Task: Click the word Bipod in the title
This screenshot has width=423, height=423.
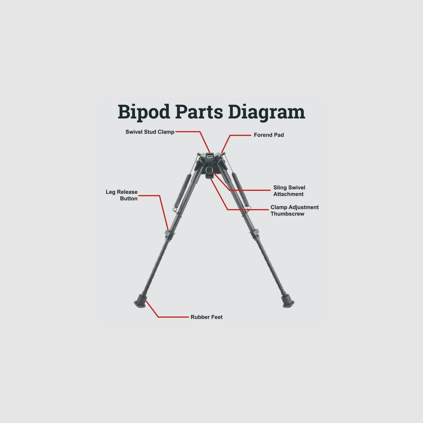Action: [144, 112]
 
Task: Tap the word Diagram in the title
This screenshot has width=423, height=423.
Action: [266, 112]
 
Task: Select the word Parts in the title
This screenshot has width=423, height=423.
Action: [199, 112]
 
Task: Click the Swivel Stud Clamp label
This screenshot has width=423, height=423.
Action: [150, 132]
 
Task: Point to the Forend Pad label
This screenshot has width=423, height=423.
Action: [269, 135]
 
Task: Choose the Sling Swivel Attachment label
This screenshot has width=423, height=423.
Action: [289, 191]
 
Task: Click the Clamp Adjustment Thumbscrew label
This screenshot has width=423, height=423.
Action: [295, 210]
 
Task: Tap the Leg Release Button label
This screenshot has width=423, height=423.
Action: [122, 195]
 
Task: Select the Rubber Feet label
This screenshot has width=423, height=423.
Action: [207, 317]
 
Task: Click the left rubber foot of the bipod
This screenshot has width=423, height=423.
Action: [140, 301]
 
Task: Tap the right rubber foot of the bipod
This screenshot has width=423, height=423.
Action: [288, 301]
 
